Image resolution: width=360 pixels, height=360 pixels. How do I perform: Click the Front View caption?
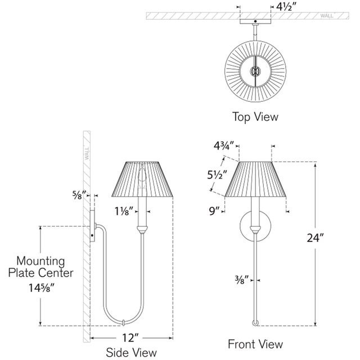tap(255, 344)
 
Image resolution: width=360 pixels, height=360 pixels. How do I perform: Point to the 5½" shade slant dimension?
tap(216, 175)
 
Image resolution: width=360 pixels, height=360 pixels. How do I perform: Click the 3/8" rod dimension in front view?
tap(240, 277)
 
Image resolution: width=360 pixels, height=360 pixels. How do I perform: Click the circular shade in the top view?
tap(255, 71)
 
